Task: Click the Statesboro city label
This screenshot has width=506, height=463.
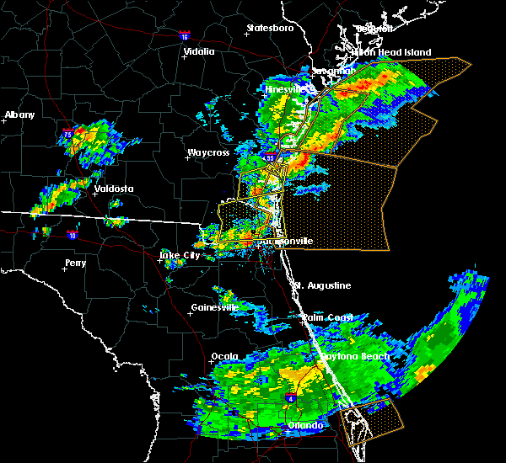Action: (270, 28)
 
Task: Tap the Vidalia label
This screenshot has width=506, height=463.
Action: (198, 51)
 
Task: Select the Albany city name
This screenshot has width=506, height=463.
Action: (21, 114)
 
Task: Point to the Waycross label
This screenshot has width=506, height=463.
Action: (207, 153)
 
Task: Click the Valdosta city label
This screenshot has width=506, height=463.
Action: (114, 189)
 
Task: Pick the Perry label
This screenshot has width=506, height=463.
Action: (75, 263)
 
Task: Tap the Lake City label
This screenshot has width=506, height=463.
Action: (181, 254)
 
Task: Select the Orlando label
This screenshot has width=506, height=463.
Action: (305, 425)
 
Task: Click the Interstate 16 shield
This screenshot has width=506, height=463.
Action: (186, 36)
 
